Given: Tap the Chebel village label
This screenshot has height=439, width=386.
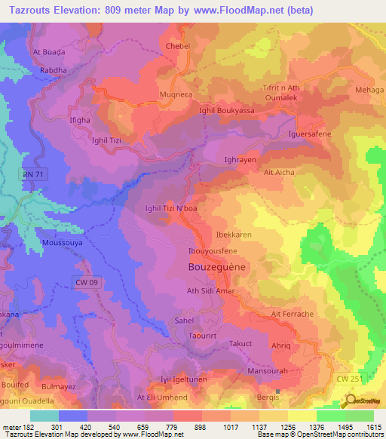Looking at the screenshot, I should click(178, 46).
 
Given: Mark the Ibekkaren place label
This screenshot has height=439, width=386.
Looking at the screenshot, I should click(233, 235).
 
